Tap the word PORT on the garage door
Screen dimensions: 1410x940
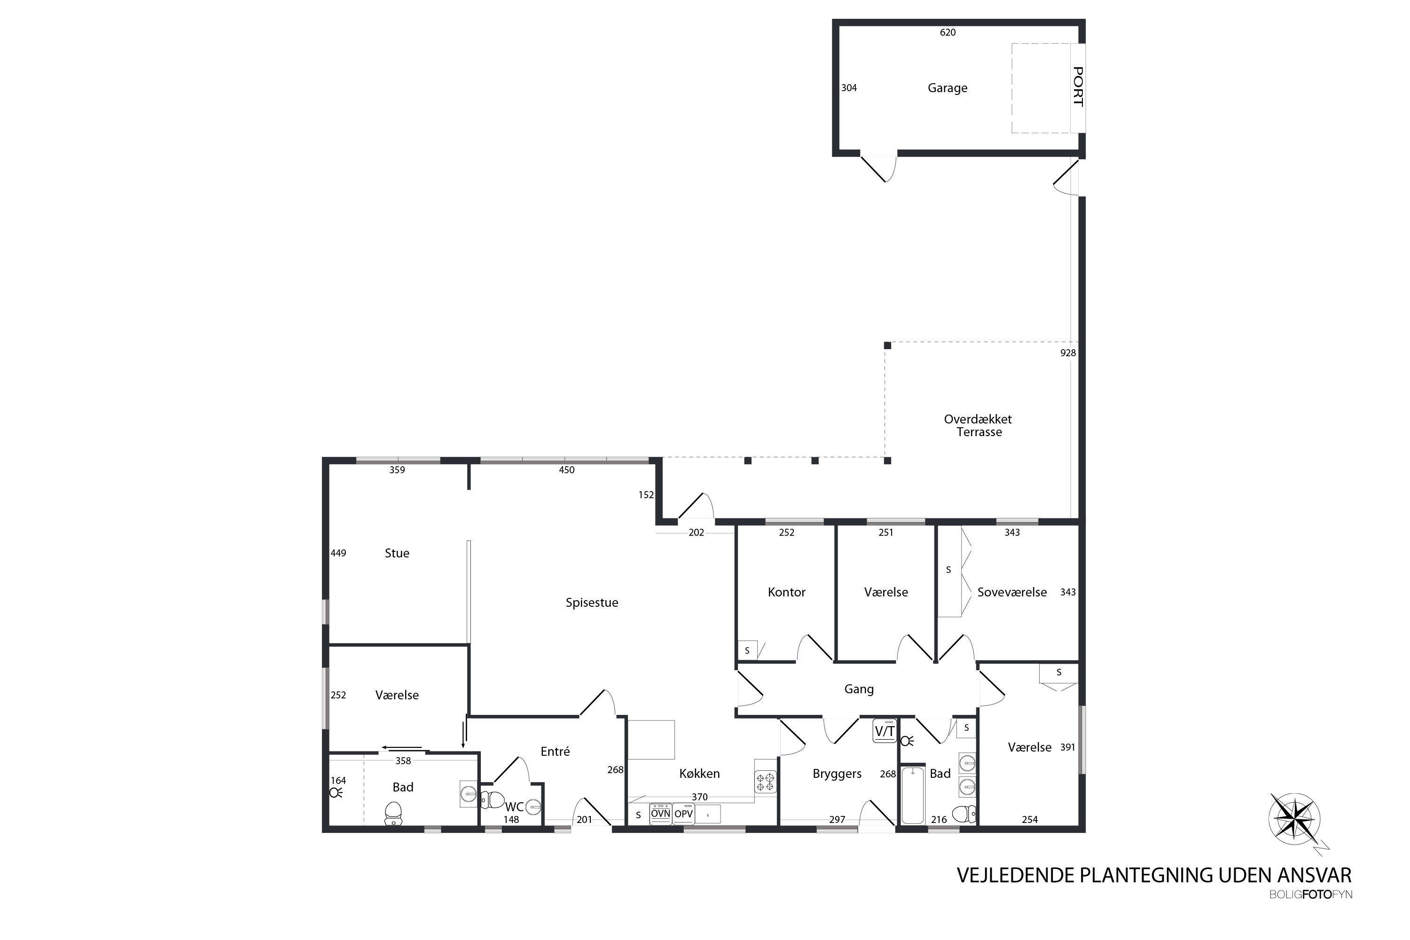(x=1078, y=87)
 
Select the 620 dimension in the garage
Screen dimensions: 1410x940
(x=948, y=32)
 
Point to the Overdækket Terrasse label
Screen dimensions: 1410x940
(x=979, y=426)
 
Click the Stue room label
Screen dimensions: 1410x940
(x=397, y=553)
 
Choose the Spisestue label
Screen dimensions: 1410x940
(x=592, y=603)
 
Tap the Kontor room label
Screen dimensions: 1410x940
(x=786, y=592)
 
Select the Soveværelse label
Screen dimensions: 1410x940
(x=1012, y=592)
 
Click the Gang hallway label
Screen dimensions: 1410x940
(x=859, y=689)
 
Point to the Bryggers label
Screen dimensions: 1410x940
(x=837, y=774)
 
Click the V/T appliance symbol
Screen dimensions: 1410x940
(x=884, y=731)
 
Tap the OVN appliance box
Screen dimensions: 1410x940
(x=661, y=814)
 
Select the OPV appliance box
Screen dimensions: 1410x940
(x=683, y=814)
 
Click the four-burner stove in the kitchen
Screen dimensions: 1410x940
(x=766, y=782)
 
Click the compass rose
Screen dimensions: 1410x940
(x=1295, y=820)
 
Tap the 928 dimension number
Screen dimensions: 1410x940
(x=1068, y=353)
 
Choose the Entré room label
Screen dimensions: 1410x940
(x=555, y=752)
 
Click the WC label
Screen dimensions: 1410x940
(x=514, y=807)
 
